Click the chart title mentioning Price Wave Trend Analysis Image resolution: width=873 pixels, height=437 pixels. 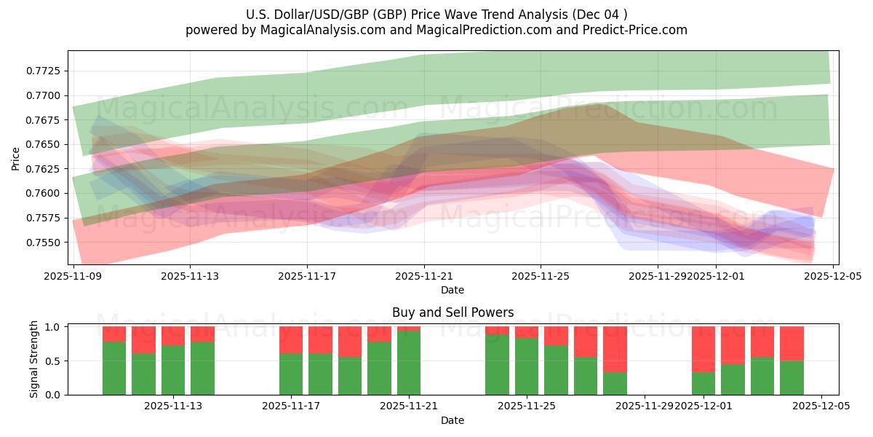[436, 14]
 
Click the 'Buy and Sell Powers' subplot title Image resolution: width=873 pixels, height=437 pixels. [453, 312]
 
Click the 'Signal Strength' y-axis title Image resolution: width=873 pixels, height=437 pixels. [34, 360]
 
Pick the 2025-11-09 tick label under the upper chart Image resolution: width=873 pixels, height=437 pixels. [73, 277]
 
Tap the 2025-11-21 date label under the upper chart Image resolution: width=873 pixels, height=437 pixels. [424, 277]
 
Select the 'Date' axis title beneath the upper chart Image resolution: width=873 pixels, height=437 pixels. [453, 290]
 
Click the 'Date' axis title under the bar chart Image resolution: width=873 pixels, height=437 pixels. [453, 420]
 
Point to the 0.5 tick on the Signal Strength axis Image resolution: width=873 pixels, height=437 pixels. [54, 361]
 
